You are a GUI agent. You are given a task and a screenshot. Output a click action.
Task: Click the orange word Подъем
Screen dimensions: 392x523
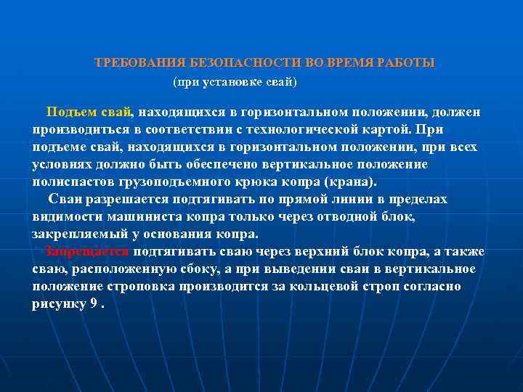tap(68, 113)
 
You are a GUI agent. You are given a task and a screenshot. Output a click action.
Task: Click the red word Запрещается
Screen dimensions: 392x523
tap(86, 252)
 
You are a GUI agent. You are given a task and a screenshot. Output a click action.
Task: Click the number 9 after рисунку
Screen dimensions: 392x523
tap(94, 304)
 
